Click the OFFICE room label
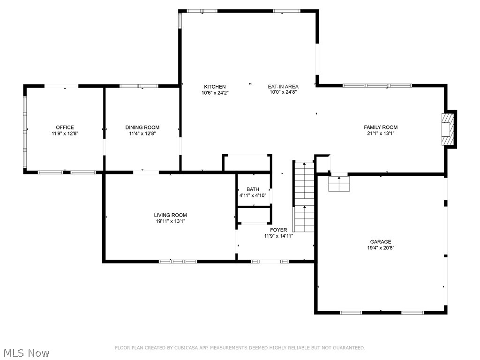(x=65, y=127)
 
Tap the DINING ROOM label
(x=142, y=127)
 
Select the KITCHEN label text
(x=215, y=87)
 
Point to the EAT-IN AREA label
(x=283, y=87)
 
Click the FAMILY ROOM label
(x=381, y=127)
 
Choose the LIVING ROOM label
(x=170, y=215)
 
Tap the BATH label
(x=253, y=189)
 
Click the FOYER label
(x=278, y=230)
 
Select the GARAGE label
(x=380, y=242)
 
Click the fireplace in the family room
(x=449, y=128)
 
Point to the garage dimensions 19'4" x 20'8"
(x=380, y=248)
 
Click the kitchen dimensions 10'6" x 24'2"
(x=215, y=92)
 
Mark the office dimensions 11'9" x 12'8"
(x=65, y=133)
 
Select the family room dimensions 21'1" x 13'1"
(x=381, y=133)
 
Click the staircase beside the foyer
(x=304, y=197)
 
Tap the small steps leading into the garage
(x=339, y=184)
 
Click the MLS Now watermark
(x=26, y=352)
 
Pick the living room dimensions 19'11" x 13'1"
(x=170, y=221)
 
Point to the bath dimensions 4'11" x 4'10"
(x=253, y=195)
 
